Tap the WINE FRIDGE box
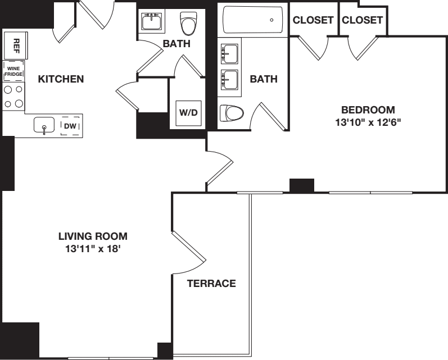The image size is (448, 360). pyautogui.click(x=13, y=71)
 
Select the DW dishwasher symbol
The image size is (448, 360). pyautogui.click(x=70, y=126)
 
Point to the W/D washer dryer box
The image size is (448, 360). pyautogui.click(x=188, y=112)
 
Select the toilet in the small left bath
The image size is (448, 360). pyautogui.click(x=188, y=24)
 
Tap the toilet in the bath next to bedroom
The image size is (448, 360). pyautogui.click(x=231, y=113)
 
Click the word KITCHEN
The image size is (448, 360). pyautogui.click(x=61, y=79)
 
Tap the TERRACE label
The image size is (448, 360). pyautogui.click(x=211, y=284)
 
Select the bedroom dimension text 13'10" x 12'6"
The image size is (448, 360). pyautogui.click(x=368, y=122)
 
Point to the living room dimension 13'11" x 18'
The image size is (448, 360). pyautogui.click(x=93, y=248)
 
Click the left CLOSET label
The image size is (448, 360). pyautogui.click(x=313, y=20)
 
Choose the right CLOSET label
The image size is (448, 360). pyautogui.click(x=362, y=20)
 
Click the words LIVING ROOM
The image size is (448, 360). pyautogui.click(x=93, y=236)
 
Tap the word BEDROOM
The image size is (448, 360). pyautogui.click(x=368, y=110)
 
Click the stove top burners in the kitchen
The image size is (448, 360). pyautogui.click(x=13, y=96)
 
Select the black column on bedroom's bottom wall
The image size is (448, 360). pyautogui.click(x=301, y=185)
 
